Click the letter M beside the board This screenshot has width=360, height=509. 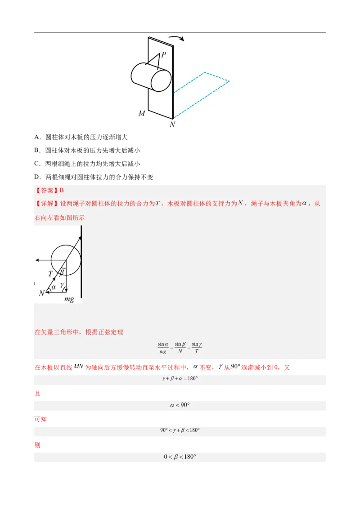click(142, 114)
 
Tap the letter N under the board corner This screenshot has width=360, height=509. click(172, 125)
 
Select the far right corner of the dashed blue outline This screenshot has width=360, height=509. click(229, 81)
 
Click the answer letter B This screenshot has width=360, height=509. click(62, 190)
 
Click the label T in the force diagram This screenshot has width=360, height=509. click(50, 273)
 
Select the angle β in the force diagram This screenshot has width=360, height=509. click(62, 272)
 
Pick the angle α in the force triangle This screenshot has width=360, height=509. click(54, 286)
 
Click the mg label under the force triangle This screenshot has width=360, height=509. click(69, 299)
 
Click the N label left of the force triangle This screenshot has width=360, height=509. click(41, 293)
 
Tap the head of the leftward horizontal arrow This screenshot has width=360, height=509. click(36, 260)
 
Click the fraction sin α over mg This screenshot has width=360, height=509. click(163, 348)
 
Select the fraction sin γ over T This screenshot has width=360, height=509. click(197, 348)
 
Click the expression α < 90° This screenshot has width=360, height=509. click(180, 405)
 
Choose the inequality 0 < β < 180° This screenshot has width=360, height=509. click(180, 457)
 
